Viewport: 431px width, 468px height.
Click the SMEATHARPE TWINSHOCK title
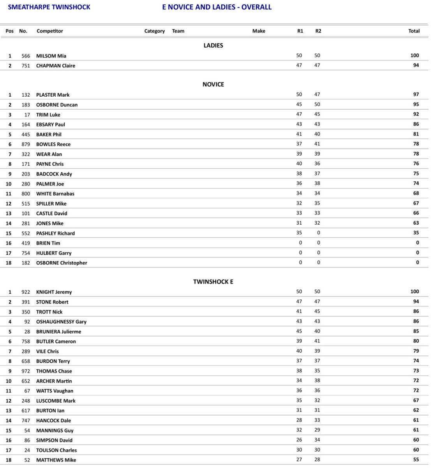tap(49, 7)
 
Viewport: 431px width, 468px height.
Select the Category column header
tap(154, 31)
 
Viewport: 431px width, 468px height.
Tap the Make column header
tap(258, 31)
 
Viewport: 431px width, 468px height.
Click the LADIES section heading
tap(213, 46)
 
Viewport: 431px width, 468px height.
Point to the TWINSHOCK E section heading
tap(213, 282)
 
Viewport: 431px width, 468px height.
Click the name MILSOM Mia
tap(51, 56)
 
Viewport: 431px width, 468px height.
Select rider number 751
tap(26, 66)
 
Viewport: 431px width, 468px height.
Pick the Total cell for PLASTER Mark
tap(416, 94)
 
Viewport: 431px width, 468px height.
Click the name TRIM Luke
tap(48, 115)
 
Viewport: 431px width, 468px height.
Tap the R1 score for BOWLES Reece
tap(299, 144)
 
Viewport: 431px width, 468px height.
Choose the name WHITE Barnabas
tap(55, 193)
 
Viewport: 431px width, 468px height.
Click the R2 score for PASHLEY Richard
tap(318, 233)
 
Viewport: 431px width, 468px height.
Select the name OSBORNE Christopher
tap(62, 263)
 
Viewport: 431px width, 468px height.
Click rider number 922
tap(26, 292)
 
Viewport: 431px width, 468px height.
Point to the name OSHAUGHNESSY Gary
tap(61, 321)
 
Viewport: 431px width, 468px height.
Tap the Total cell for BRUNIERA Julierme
tap(416, 331)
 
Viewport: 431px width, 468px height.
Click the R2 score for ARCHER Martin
tap(317, 380)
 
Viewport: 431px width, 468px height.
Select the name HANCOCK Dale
tap(53, 420)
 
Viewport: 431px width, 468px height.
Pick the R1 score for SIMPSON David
tap(299, 440)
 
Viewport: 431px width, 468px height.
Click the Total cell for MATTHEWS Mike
tap(416, 460)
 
